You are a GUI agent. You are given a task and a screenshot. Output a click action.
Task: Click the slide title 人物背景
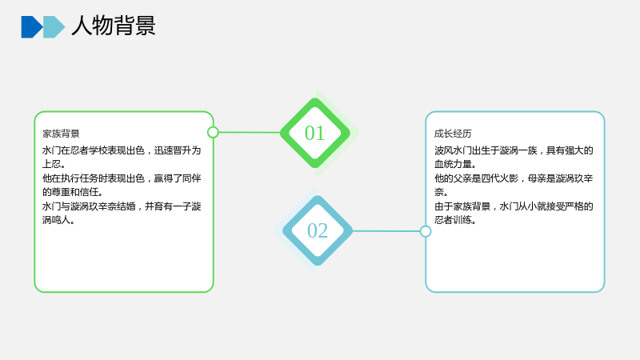pyautogui.click(x=114, y=26)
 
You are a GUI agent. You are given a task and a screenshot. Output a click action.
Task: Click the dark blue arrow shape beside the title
pyautogui.click(x=32, y=27)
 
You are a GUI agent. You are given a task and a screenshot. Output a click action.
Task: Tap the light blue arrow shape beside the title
pyautogui.click(x=54, y=27)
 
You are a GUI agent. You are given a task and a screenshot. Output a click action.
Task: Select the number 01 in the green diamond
pyautogui.click(x=314, y=133)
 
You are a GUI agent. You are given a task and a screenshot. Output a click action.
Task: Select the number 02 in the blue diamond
pyautogui.click(x=318, y=230)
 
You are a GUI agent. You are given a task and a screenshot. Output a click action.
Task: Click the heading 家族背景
pyautogui.click(x=61, y=134)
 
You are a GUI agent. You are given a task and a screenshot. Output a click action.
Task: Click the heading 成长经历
pyautogui.click(x=453, y=134)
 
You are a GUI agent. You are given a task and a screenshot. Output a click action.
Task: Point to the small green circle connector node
pyautogui.click(x=213, y=132)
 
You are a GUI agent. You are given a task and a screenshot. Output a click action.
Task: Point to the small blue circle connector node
pyautogui.click(x=426, y=231)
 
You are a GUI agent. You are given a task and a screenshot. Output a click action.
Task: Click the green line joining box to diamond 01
pyautogui.click(x=250, y=132)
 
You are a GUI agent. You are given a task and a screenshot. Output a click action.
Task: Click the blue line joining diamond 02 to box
pyautogui.click(x=386, y=231)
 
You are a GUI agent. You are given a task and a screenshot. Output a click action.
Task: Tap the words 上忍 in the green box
pyautogui.click(x=51, y=164)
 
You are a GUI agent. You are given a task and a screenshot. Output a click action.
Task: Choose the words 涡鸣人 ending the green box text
pyautogui.click(x=56, y=220)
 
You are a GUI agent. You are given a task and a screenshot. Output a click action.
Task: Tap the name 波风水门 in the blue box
pyautogui.click(x=453, y=150)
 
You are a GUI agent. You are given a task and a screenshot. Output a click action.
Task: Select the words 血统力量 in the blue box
pyautogui.click(x=453, y=164)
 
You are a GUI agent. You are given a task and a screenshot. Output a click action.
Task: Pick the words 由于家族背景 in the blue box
pyautogui.click(x=462, y=206)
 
